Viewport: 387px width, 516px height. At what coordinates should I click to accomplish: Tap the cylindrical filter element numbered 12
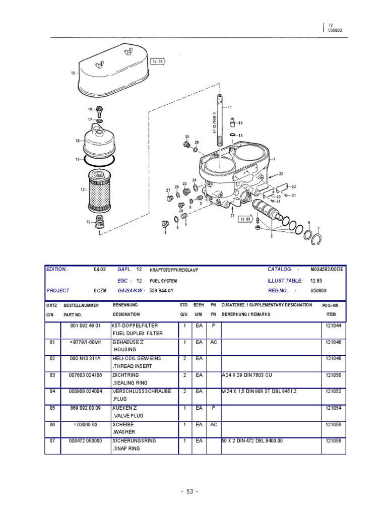[x=99, y=190]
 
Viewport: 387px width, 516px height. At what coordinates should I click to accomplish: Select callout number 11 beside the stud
[x=230, y=107]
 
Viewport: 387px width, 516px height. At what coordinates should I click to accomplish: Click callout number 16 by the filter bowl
[x=78, y=141]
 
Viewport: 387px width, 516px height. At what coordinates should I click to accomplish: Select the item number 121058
[x=334, y=440]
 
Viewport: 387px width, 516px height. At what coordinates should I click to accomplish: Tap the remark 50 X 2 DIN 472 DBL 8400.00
[x=252, y=440]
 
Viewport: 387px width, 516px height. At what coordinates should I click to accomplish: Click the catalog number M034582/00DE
[x=326, y=270]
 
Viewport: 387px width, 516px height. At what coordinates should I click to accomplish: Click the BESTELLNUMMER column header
[x=81, y=305]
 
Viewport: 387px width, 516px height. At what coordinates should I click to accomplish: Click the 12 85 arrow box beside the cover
[x=157, y=62]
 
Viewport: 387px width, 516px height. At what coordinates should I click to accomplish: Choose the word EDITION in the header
[x=56, y=270]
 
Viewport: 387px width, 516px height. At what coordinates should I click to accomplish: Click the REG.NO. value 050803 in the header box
[x=319, y=291]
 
